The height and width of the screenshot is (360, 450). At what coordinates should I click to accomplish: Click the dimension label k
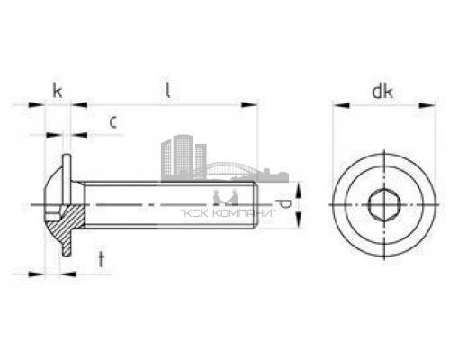click(x=57, y=90)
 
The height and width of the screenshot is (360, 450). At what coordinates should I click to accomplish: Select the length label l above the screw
click(x=168, y=90)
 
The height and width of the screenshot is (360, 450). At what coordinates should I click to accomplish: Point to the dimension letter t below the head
click(x=101, y=260)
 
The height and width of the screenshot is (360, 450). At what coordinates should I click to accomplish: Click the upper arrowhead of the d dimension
click(x=297, y=185)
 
